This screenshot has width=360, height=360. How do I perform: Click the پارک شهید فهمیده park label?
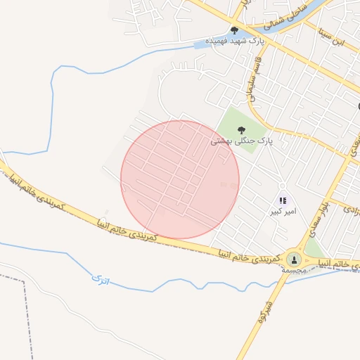point(234,41)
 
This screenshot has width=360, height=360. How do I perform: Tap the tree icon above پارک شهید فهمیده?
point(234,30)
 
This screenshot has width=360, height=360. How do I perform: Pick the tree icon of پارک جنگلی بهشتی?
point(242,129)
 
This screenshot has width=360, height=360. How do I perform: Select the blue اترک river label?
point(99,281)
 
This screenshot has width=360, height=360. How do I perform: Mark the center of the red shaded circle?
point(180,180)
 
